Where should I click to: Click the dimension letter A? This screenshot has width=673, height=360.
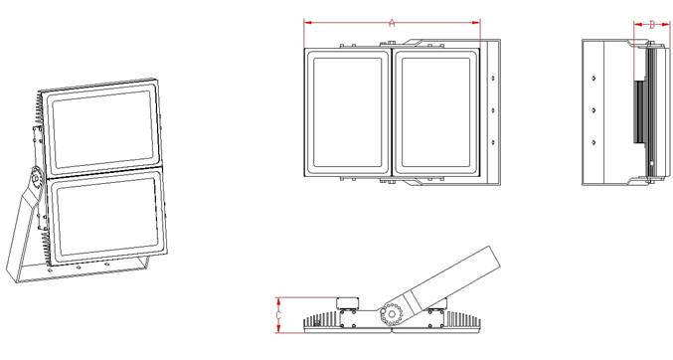[392, 23]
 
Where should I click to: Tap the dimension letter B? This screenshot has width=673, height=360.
[652, 25]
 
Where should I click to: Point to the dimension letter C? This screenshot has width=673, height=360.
[279, 316]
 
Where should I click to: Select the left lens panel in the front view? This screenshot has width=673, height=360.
[348, 112]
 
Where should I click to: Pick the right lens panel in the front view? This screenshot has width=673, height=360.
[436, 112]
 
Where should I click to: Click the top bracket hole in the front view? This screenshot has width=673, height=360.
[493, 79]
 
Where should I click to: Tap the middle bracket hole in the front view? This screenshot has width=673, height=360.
[493, 110]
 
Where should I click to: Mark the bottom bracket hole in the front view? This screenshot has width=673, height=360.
[493, 142]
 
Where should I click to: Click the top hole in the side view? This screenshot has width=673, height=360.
[593, 79]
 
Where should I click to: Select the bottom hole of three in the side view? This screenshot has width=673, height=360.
[593, 142]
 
